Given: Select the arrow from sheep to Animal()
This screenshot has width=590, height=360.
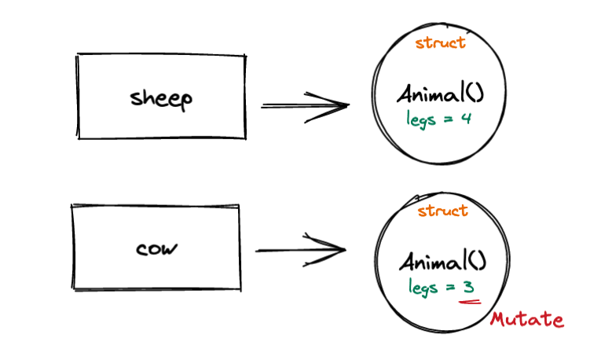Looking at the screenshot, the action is click(304, 105).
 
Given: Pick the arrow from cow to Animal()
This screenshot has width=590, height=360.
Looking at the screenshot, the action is click(301, 251).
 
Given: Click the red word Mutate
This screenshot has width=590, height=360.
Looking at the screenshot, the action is click(526, 320).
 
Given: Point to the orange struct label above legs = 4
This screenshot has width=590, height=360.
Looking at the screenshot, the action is click(440, 42).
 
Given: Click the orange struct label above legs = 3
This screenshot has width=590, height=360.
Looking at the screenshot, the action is click(442, 211).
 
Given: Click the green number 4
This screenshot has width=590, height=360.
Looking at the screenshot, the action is click(466, 119).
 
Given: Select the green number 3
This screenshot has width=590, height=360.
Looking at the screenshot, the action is click(470, 287).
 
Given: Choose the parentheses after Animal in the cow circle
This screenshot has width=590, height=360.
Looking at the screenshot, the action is click(477, 262).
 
